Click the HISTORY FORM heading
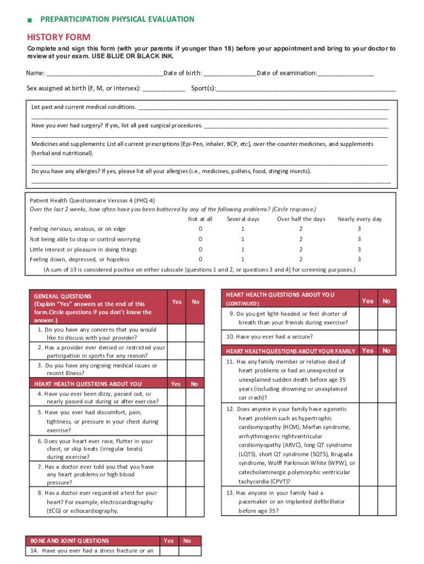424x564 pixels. [x=59, y=37]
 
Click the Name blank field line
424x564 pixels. [x=105, y=74]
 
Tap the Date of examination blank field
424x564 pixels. [x=345, y=74]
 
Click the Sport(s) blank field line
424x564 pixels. [x=306, y=88]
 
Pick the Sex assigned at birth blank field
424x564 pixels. [x=164, y=88]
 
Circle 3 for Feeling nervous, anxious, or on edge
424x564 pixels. [x=359, y=229]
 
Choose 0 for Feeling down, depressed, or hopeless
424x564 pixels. [x=200, y=259]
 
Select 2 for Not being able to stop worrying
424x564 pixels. [x=301, y=239]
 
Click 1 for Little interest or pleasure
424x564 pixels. [x=243, y=249]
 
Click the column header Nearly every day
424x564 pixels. [x=359, y=219]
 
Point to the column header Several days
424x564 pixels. [x=243, y=219]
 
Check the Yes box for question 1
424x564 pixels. [x=176, y=333]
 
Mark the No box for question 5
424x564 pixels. [x=195, y=421]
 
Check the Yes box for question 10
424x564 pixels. [x=368, y=337]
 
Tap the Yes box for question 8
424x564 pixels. [x=176, y=502]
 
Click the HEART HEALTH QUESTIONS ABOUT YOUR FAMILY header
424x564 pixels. [x=290, y=351]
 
